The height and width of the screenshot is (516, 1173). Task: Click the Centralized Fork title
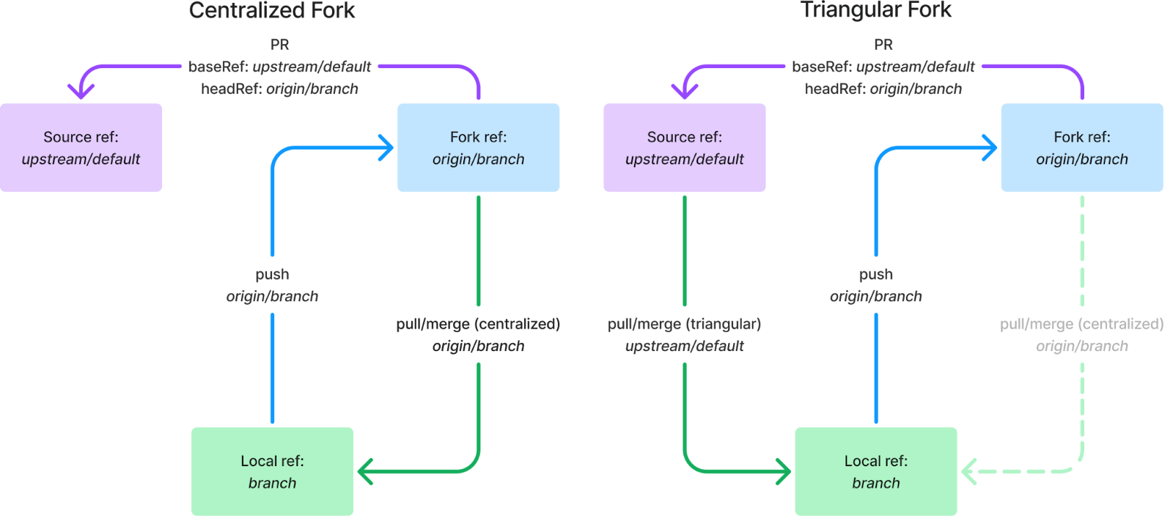coord(272,10)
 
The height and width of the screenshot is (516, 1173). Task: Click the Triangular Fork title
coord(876,10)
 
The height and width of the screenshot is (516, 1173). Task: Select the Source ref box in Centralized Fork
coord(81,147)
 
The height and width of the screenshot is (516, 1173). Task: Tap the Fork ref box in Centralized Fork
coord(478,147)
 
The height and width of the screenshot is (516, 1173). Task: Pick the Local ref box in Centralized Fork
coord(272,471)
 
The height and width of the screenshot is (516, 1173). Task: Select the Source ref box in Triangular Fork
coord(684,147)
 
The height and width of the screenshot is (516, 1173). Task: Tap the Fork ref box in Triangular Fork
coord(1081,147)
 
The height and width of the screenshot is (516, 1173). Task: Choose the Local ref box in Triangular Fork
coord(875,471)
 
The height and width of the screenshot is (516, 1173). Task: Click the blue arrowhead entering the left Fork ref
coord(387,147)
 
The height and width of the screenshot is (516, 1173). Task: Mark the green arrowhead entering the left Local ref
coord(365,471)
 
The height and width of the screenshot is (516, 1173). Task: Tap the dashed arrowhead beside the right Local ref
coord(969,471)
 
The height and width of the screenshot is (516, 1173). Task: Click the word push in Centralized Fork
coord(272,274)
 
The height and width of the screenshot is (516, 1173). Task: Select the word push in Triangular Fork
coord(875,274)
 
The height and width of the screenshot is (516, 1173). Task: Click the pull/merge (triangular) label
coord(684,324)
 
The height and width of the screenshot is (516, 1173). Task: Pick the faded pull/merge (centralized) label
coord(1081,324)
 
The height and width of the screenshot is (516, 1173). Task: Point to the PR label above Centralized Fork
coord(279,44)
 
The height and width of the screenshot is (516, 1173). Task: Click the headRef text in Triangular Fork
coord(883,89)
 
